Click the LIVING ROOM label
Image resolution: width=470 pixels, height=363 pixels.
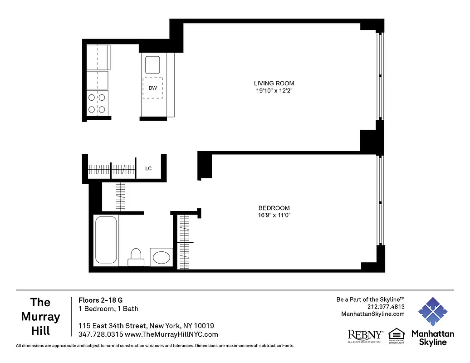point(274,83)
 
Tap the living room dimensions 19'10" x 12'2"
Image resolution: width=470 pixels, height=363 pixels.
point(274,90)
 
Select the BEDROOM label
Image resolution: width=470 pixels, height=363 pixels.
point(274,208)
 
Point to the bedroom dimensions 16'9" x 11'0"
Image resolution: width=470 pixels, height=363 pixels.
point(274,215)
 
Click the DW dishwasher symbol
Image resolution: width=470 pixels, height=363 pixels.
point(153,88)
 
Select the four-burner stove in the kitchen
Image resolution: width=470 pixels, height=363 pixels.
point(97,103)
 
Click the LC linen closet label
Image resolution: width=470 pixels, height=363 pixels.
point(148,169)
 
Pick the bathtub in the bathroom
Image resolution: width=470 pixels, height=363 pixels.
point(107,240)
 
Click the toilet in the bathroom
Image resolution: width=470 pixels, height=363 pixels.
point(136,257)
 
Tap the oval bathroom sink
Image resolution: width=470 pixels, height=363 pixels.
point(161,258)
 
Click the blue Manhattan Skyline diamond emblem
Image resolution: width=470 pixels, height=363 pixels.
point(432,312)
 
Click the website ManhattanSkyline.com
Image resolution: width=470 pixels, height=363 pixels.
point(372,314)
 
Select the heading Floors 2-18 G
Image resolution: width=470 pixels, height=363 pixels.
point(100,300)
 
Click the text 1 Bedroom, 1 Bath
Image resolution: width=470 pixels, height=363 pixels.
point(108,309)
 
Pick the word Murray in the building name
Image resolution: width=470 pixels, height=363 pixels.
point(40,316)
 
